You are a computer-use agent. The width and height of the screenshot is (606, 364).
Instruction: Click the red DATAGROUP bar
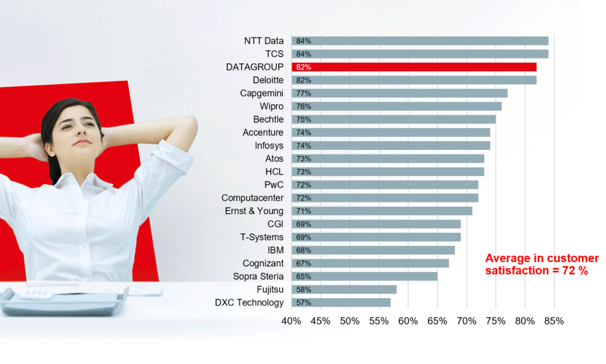[414, 67]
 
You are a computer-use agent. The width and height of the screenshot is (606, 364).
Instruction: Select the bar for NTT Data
[420, 41]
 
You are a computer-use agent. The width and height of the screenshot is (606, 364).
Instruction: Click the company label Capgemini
[262, 93]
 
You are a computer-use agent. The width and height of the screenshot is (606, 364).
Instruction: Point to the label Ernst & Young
[254, 211]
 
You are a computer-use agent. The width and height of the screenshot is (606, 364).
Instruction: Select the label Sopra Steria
[258, 276]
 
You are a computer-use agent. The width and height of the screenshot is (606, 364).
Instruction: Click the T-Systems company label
[262, 237]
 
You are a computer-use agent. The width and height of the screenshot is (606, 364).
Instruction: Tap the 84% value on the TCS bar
[304, 54]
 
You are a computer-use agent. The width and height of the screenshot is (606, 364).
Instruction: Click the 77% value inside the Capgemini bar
[304, 93]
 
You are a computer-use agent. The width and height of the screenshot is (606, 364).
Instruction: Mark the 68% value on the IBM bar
[304, 250]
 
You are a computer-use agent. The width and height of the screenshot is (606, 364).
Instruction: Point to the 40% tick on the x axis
[291, 321]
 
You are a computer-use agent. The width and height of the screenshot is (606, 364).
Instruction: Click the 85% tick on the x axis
[554, 321]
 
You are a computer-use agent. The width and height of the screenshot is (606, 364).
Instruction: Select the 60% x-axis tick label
[408, 321]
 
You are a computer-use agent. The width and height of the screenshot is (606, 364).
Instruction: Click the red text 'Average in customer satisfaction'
[541, 265]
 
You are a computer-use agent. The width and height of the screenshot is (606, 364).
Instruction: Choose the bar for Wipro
[397, 106]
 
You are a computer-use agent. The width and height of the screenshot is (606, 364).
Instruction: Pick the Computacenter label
[252, 198]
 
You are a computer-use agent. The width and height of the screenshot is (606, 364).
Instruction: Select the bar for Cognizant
[370, 263]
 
